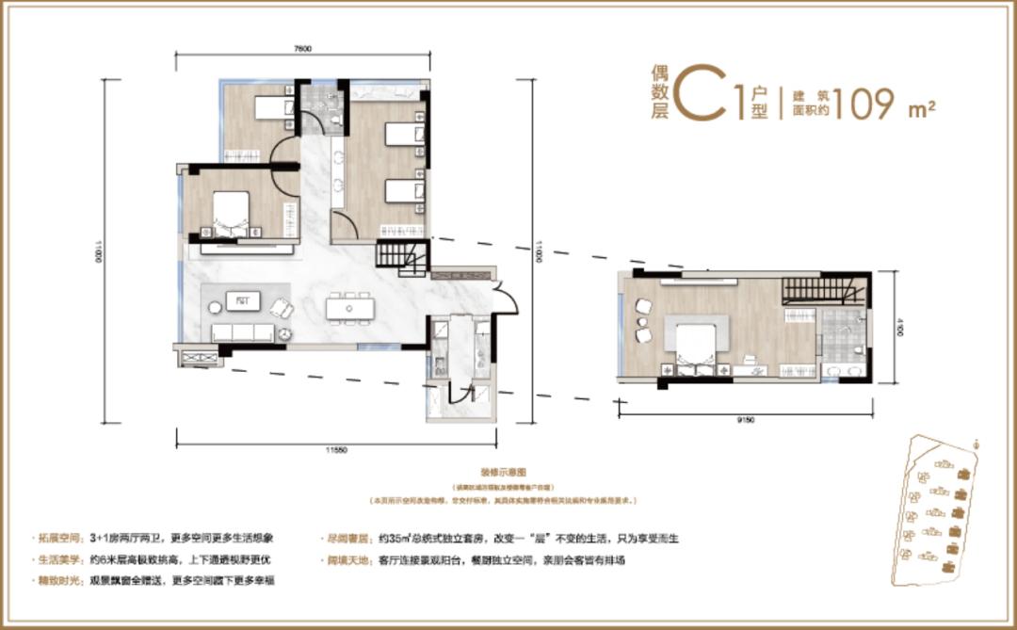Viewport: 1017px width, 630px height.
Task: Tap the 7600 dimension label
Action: click(301, 47)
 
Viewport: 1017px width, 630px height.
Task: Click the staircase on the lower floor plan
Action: click(401, 257)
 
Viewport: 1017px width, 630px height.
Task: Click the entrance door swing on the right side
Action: click(507, 299)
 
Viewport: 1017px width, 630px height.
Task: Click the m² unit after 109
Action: click(921, 108)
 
